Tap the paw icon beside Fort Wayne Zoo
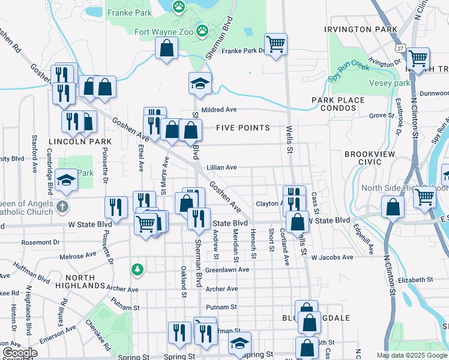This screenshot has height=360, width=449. click(x=203, y=29)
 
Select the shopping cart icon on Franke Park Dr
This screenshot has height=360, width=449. click(x=276, y=44)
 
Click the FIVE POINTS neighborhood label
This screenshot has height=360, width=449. click(x=243, y=128)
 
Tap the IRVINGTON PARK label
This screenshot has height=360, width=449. click(x=360, y=29)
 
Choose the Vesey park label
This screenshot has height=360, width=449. click(x=389, y=83)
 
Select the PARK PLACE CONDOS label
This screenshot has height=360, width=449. click(x=337, y=104)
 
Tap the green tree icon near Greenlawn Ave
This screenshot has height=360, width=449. click(x=138, y=269)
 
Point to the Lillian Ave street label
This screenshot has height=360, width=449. click(x=221, y=167)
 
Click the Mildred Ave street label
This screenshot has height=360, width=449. click(x=219, y=110)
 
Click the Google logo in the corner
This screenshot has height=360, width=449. click(x=20, y=353)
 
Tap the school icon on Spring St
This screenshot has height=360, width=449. click(x=239, y=344)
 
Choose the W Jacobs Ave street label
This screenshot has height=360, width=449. click(x=332, y=257)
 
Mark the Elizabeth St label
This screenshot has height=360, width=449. click(x=414, y=280)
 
